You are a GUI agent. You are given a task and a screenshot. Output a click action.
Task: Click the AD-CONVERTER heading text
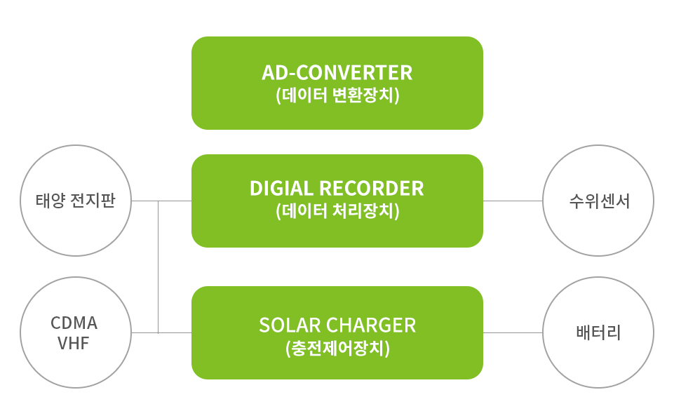click(x=337, y=72)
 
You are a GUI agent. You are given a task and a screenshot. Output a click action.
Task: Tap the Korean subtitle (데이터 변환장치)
click(x=337, y=95)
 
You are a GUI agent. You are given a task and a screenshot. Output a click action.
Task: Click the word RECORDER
click(x=372, y=188)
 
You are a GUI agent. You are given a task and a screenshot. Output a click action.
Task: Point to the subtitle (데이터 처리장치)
click(x=337, y=211)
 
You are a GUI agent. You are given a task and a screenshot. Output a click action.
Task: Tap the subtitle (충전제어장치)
click(x=337, y=349)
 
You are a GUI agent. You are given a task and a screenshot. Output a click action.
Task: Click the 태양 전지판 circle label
click(x=75, y=201)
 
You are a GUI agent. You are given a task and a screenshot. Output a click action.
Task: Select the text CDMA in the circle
click(x=74, y=323)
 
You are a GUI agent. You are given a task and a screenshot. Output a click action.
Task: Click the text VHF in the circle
click(x=74, y=343)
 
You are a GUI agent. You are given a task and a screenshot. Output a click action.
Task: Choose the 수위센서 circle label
click(x=599, y=201)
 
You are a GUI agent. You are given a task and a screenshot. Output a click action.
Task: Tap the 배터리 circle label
click(x=598, y=332)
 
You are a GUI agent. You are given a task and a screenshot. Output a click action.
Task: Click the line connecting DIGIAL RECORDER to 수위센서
click(x=513, y=201)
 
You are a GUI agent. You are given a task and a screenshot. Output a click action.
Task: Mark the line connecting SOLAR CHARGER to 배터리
click(x=513, y=332)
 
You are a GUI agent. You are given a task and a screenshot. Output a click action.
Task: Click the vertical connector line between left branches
click(x=159, y=267)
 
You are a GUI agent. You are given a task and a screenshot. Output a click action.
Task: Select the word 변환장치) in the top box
click(x=366, y=95)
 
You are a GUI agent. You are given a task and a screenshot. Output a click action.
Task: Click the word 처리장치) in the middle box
click(x=366, y=211)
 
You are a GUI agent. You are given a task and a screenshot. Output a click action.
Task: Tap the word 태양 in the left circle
click(x=50, y=201)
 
